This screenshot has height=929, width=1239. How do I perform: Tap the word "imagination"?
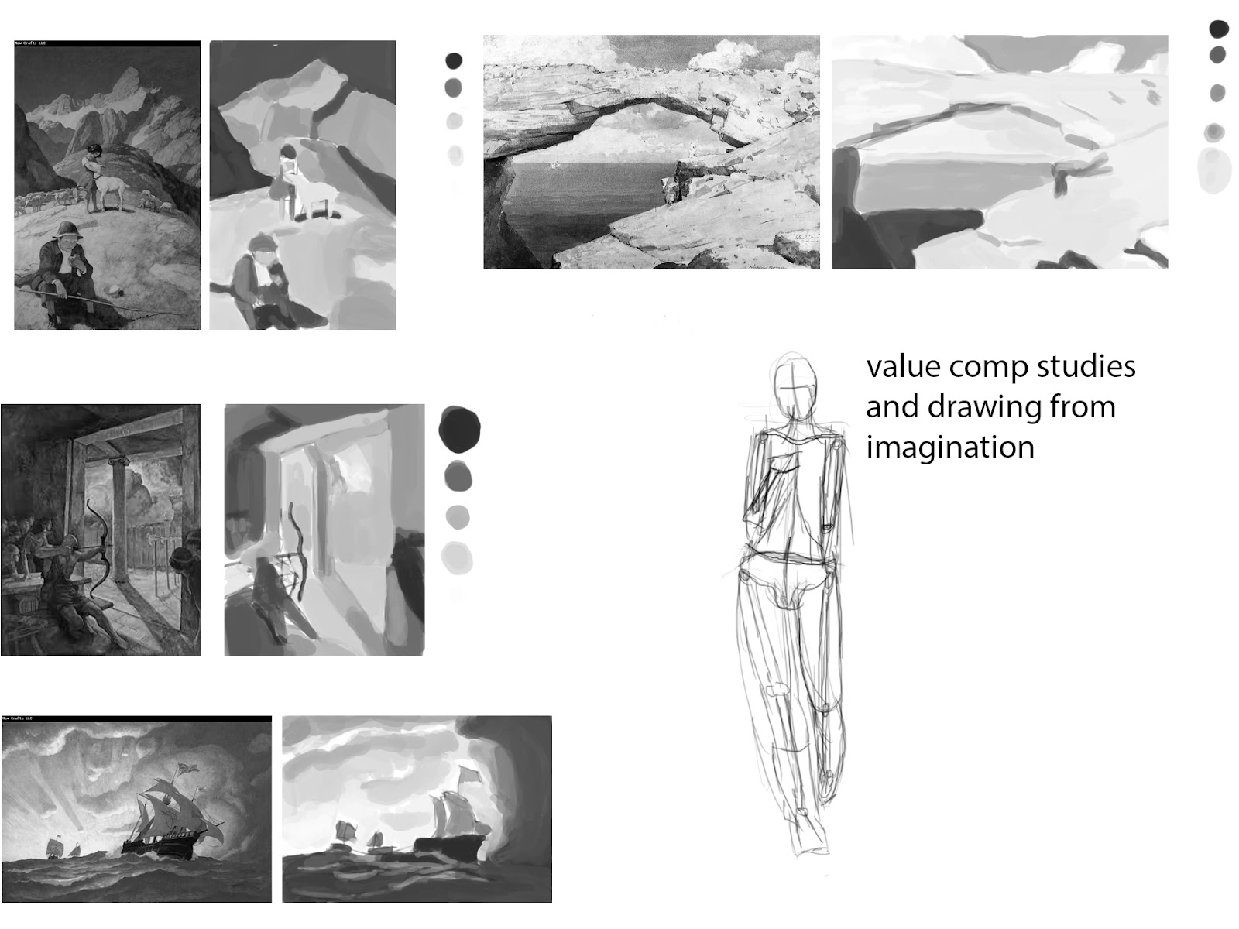[x=950, y=447]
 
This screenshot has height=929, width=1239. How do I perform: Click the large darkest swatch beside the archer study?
[x=459, y=430]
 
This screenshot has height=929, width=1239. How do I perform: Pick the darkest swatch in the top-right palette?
[x=1219, y=29]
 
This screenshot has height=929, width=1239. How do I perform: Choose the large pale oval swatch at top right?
[x=1214, y=170]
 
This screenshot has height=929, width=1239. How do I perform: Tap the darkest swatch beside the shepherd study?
[x=454, y=60]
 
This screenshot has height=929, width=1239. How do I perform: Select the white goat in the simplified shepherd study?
[x=314, y=197]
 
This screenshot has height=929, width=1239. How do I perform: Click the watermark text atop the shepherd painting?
[x=30, y=44]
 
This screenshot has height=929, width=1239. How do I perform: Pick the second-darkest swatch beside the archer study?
[x=458, y=475]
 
